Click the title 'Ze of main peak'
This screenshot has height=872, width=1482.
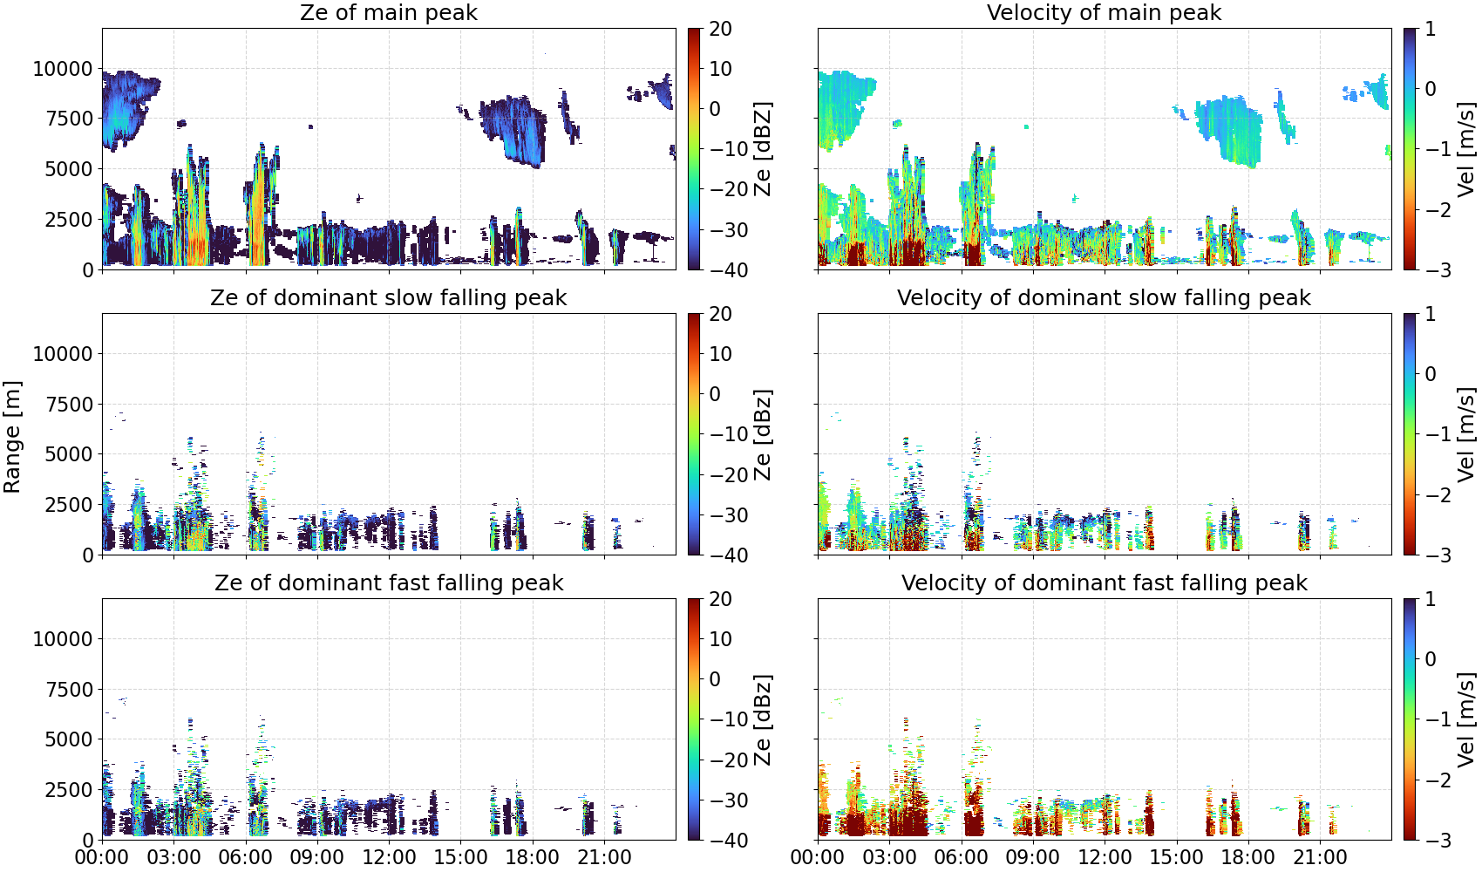click(388, 12)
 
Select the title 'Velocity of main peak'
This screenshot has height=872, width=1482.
click(1105, 12)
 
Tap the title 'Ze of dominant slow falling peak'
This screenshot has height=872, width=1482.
click(388, 297)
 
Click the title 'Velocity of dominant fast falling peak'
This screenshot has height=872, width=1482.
click(1105, 582)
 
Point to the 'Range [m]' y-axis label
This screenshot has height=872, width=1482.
click(12, 437)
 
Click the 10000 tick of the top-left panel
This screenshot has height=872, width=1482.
click(63, 69)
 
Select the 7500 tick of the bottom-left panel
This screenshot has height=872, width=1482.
click(69, 690)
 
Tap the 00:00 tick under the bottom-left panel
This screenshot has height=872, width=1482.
click(103, 857)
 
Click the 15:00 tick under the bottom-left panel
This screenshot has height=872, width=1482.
click(461, 857)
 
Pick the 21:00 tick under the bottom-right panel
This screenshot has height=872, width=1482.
click(1320, 857)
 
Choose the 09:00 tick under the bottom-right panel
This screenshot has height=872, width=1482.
click(1033, 857)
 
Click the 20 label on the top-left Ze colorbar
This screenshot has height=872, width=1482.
click(720, 29)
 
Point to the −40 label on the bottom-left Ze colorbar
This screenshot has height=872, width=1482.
click(729, 841)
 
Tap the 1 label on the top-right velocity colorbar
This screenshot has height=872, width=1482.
click(1430, 29)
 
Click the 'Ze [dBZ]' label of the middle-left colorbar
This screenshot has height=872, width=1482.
click(763, 434)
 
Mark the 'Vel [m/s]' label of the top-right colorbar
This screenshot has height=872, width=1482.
click(1466, 149)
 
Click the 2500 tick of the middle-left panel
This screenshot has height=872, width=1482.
click(69, 505)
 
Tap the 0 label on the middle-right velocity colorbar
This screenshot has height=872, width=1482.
click(1430, 374)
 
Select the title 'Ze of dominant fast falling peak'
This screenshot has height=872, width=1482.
click(388, 582)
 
